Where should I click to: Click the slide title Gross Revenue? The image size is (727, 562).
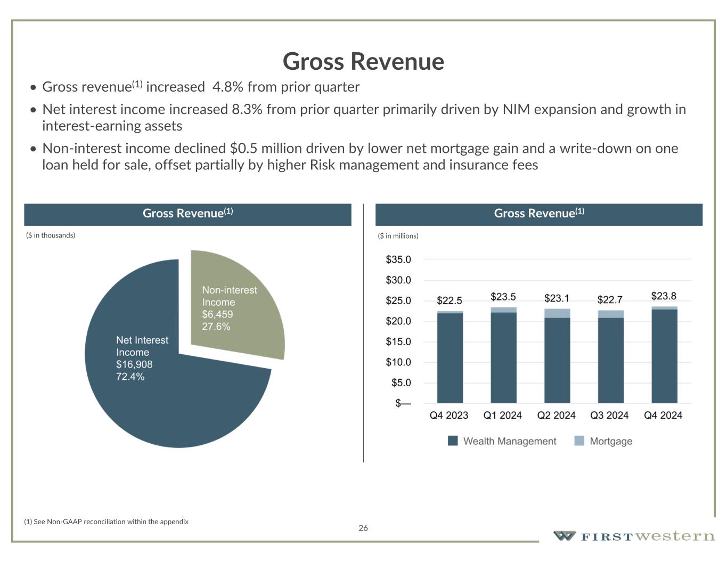coord(363,61)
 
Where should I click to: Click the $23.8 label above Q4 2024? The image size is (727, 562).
coord(664,296)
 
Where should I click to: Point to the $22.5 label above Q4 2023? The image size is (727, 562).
coord(450,300)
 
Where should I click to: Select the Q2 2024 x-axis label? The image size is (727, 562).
coord(556,416)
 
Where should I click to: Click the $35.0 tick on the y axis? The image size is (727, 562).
coord(398,260)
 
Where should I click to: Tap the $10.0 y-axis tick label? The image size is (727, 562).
coord(398,362)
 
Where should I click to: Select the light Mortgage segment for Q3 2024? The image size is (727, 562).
coord(610,314)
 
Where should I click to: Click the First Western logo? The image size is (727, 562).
coord(634,536)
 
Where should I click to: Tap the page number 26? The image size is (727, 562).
coord(363,528)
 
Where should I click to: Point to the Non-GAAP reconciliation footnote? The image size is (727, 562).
coord(107,522)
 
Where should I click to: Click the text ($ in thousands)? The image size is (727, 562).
coord(51,235)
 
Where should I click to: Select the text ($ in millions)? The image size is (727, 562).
coord(398,236)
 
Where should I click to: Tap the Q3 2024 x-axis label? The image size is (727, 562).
coord(609,416)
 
